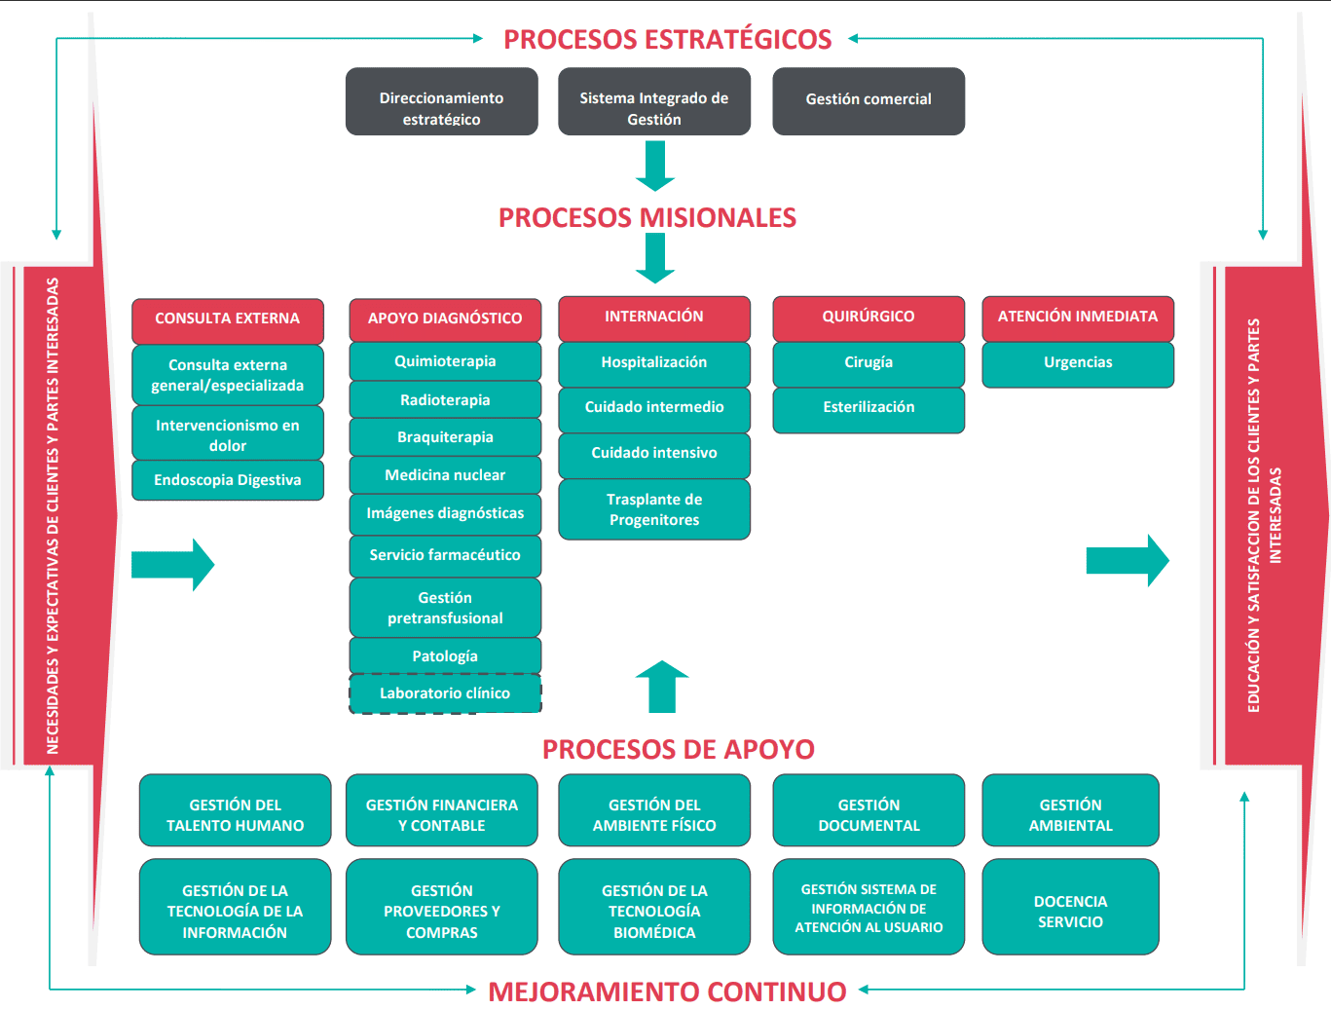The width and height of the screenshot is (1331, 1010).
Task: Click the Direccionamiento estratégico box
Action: [441, 101]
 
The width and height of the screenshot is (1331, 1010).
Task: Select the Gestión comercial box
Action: [869, 101]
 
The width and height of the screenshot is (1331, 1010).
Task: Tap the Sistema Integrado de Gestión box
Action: [654, 101]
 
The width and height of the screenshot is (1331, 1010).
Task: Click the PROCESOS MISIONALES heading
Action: [647, 217]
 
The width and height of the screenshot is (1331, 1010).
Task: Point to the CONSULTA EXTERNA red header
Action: [228, 319]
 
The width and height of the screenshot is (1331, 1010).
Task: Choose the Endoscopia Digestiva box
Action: [228, 480]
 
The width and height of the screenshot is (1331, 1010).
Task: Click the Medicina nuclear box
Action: [445, 475]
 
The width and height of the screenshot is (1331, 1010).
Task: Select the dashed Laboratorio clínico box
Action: [445, 693]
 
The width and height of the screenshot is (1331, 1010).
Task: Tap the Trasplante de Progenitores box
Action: [654, 509]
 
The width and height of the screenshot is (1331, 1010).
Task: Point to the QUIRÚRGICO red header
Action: [869, 318]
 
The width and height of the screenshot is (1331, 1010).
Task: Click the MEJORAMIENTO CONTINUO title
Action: [667, 991]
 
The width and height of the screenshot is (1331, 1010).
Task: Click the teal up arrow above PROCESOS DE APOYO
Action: [662, 688]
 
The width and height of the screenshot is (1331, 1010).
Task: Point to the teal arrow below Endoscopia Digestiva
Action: [172, 564]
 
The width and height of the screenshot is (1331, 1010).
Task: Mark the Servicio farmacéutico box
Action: [445, 555]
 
